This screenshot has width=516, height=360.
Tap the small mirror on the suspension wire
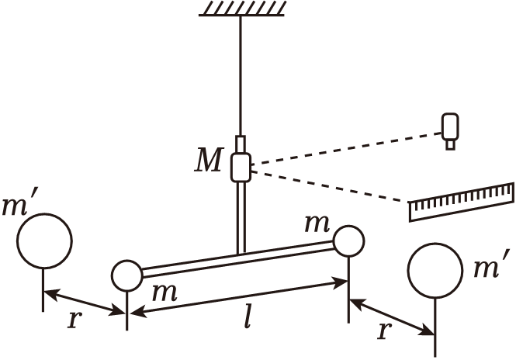click(241, 167)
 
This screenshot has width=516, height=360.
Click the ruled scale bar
click(462, 201)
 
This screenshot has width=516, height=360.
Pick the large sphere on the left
click(45, 240)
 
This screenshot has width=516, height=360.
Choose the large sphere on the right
click(435, 271)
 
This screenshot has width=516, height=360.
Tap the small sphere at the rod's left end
click(126, 275)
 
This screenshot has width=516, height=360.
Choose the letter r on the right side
click(382, 331)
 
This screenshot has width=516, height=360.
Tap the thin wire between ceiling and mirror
click(241, 78)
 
